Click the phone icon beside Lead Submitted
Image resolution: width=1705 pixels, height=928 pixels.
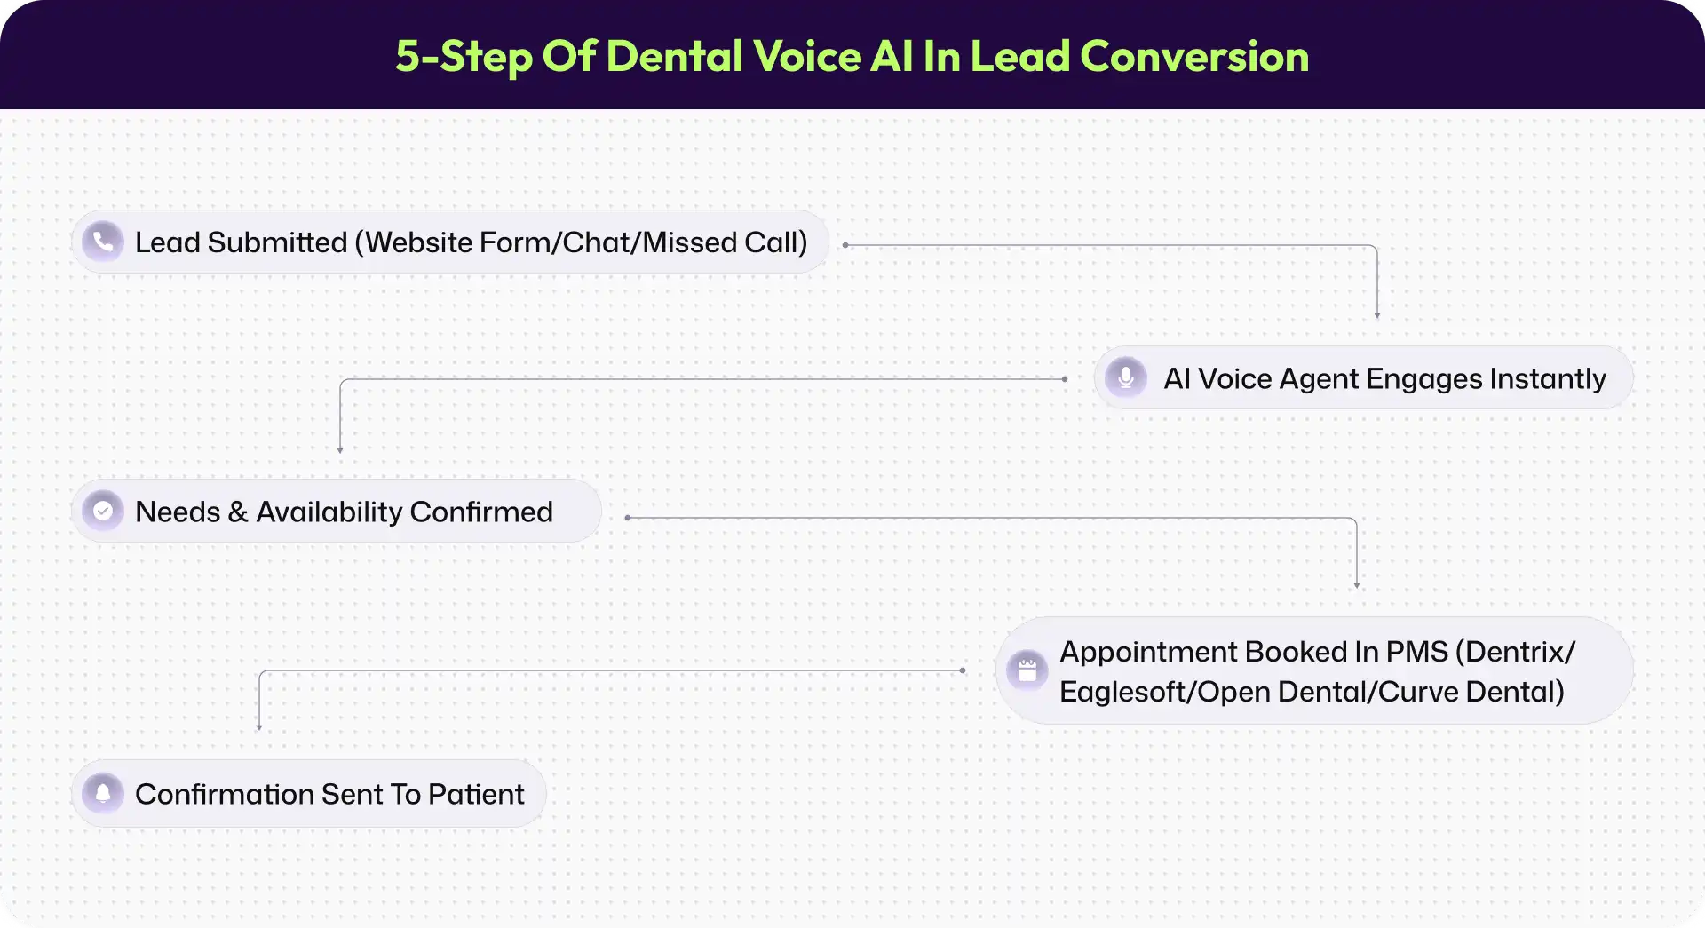(103, 242)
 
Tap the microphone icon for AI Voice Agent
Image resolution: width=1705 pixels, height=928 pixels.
(1126, 377)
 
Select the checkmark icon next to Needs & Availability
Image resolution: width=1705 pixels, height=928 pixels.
(103, 511)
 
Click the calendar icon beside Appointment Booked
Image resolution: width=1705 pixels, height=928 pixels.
(1027, 670)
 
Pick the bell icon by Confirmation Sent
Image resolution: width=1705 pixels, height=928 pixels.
(103, 793)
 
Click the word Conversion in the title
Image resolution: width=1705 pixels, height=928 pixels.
(1194, 56)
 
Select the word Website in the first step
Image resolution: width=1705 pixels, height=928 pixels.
(419, 242)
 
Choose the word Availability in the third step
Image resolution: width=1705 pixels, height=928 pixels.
(329, 512)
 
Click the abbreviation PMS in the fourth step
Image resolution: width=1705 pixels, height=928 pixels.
(1417, 652)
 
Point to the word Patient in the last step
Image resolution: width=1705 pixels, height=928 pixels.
(476, 794)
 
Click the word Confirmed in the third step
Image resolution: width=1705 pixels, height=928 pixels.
(481, 512)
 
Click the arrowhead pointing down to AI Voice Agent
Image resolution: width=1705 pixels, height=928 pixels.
(1377, 315)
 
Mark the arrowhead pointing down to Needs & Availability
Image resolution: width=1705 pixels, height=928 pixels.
(340, 450)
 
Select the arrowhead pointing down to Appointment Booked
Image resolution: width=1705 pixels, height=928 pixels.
(1357, 585)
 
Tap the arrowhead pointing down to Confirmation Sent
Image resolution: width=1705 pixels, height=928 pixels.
(259, 727)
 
